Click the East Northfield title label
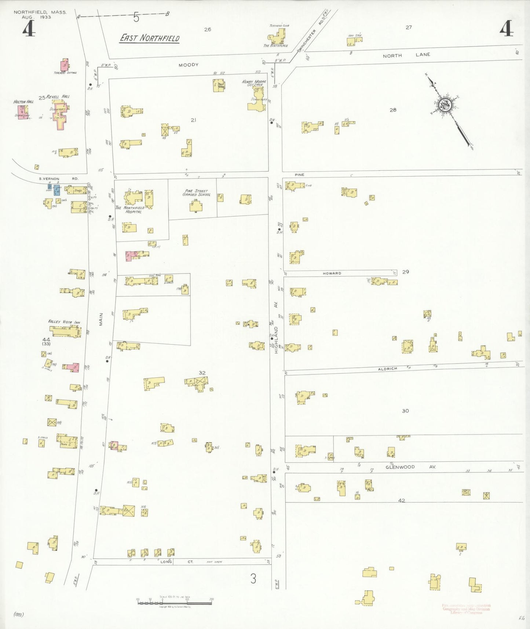click(150, 38)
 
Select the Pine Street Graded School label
click(196, 193)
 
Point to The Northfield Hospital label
click(130, 210)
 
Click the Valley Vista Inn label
click(64, 322)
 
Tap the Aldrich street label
click(388, 368)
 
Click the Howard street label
click(332, 273)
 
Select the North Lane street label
click(406, 55)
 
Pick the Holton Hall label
click(23, 102)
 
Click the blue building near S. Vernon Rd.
click(57, 190)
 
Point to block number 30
click(405, 411)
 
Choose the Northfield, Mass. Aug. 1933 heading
click(40, 15)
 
